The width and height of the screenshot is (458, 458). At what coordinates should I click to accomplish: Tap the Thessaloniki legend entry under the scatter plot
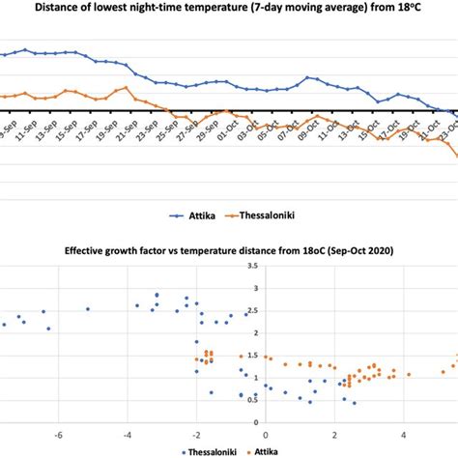pyautogui.click(x=212, y=451)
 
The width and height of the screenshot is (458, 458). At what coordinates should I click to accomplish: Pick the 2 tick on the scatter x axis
pyautogui.click(x=334, y=433)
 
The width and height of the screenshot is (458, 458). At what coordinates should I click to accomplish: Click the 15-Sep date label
pyautogui.click(x=64, y=128)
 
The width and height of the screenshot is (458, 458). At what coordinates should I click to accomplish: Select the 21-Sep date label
pyautogui.click(x=128, y=128)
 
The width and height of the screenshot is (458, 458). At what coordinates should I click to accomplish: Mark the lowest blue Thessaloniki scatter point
pyautogui.click(x=354, y=404)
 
